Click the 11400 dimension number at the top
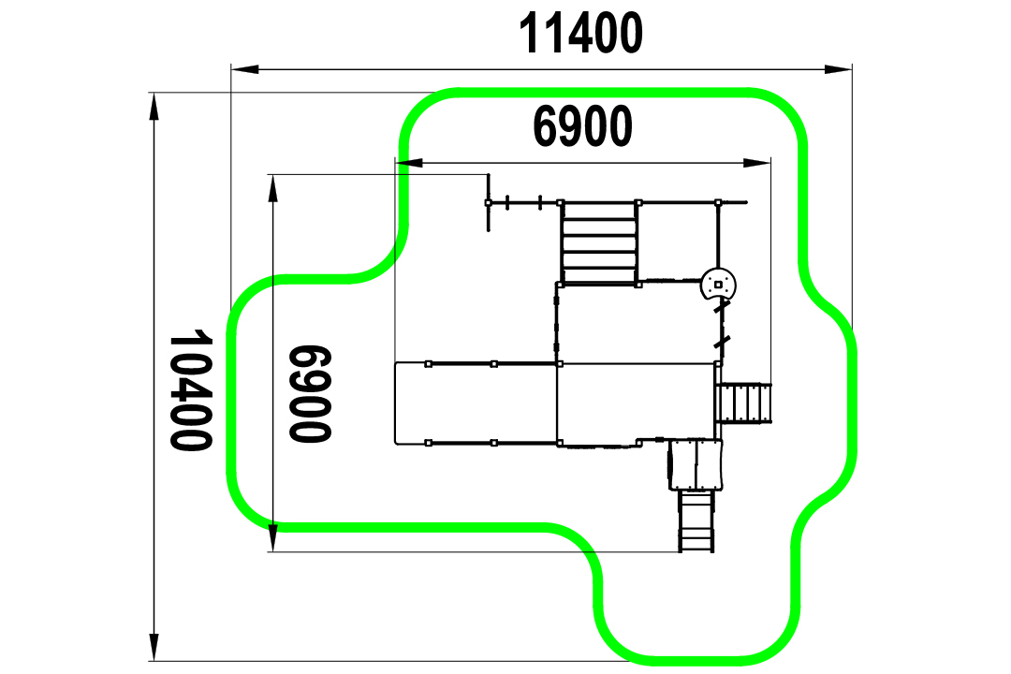click(x=580, y=33)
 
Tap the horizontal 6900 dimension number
click(x=582, y=126)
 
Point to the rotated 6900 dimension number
click(x=310, y=394)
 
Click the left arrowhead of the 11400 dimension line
click(x=245, y=69)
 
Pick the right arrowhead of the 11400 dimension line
click(x=838, y=69)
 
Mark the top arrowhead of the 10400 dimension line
click(x=154, y=107)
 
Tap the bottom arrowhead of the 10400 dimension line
click(x=154, y=647)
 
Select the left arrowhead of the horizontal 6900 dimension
click(x=409, y=163)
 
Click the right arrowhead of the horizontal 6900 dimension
click(x=757, y=163)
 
